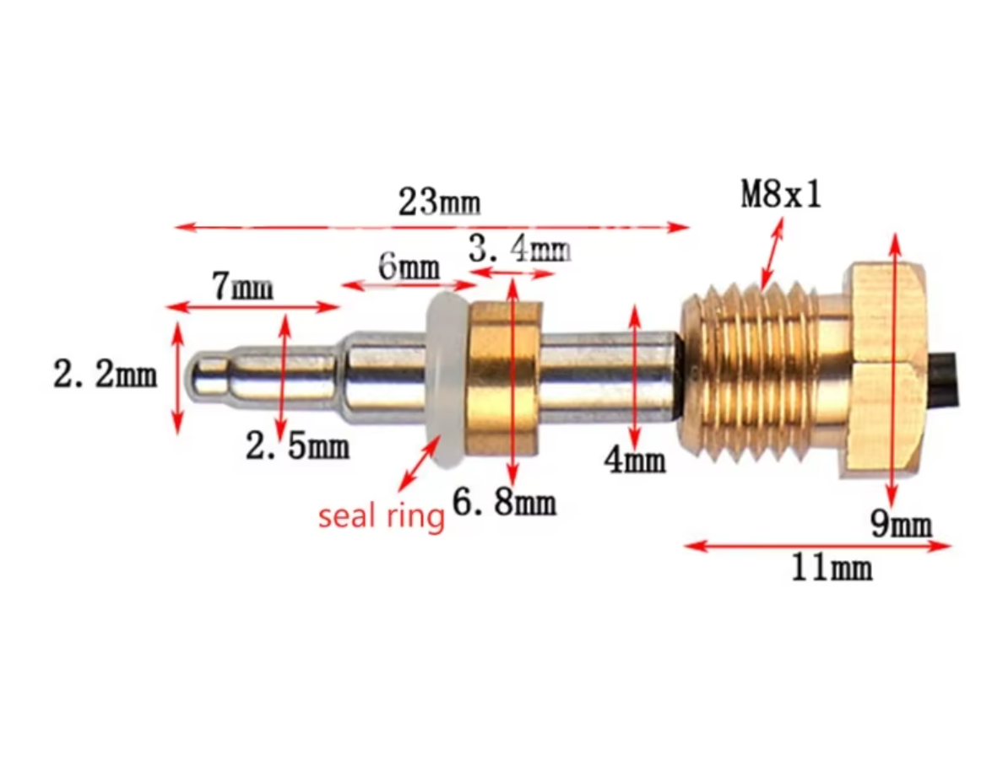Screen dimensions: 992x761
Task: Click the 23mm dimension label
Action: [439, 202]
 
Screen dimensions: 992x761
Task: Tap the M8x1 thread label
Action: [781, 193]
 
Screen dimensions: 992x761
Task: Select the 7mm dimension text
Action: [243, 286]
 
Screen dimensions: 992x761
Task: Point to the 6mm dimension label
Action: [409, 266]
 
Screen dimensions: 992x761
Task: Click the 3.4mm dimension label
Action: [519, 248]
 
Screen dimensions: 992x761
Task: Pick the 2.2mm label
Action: [105, 375]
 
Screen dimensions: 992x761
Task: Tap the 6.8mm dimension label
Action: [504, 503]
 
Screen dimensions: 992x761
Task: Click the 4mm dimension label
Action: [635, 459]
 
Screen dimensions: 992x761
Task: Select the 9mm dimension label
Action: [901, 523]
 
